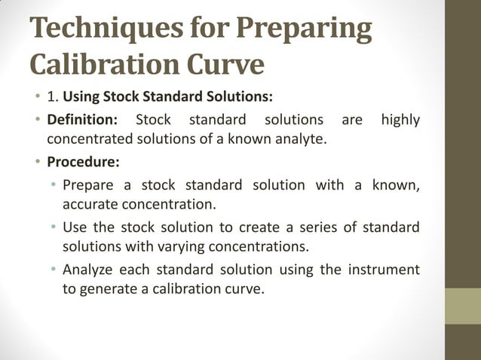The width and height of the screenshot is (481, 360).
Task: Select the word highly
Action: [x=400, y=120]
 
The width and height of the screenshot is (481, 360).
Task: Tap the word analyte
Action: [x=302, y=139]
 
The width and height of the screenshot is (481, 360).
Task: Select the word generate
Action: [x=106, y=288]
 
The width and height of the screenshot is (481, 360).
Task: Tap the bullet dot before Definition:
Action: [x=36, y=121]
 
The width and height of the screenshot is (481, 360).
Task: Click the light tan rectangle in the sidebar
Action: [x=463, y=307]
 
